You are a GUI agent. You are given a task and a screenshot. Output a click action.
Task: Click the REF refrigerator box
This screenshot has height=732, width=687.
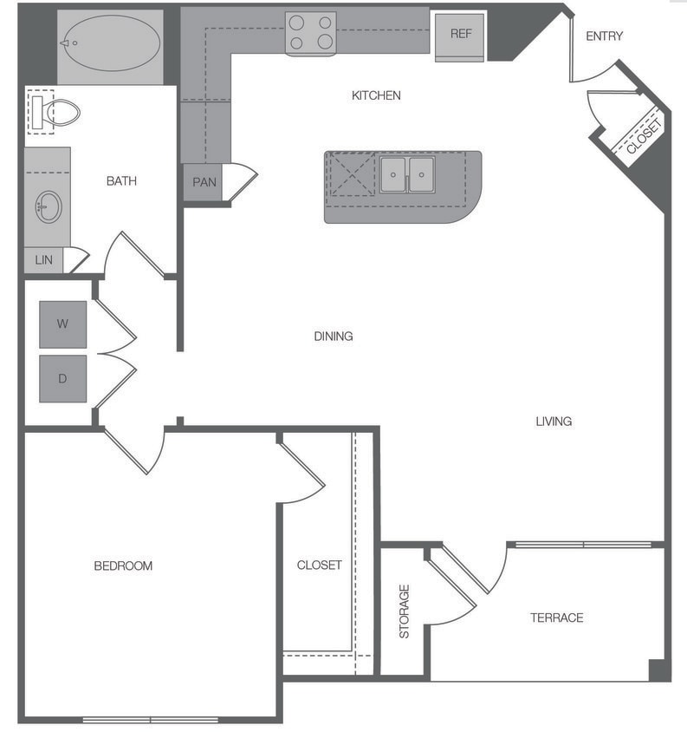tap(460, 35)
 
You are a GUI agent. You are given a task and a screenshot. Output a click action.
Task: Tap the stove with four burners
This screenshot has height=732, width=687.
tap(311, 33)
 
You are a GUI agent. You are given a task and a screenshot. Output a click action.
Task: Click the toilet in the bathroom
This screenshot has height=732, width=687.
tap(55, 112)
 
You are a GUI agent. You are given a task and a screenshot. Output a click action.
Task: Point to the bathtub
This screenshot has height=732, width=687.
tap(109, 42)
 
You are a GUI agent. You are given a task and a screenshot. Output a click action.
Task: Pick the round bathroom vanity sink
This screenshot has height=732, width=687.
tap(48, 207)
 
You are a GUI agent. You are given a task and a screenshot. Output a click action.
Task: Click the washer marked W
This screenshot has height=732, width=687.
tap(62, 324)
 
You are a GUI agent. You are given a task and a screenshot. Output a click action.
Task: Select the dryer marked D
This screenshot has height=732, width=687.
tap(62, 378)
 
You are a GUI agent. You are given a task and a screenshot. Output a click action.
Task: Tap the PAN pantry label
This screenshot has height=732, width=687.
tap(204, 182)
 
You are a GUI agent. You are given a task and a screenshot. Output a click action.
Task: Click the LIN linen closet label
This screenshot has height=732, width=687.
tap(43, 259)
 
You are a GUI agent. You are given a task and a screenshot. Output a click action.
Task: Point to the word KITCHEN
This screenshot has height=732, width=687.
tap(376, 95)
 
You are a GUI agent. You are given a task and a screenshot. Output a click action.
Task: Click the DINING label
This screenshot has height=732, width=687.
tap(334, 336)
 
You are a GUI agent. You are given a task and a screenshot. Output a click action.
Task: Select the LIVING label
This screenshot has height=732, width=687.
tap(554, 422)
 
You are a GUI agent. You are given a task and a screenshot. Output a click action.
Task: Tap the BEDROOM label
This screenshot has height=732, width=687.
tap(123, 565)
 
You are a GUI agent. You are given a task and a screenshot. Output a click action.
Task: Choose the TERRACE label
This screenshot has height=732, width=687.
tap(556, 618)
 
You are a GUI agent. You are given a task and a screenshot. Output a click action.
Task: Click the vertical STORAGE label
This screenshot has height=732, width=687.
tap(404, 611)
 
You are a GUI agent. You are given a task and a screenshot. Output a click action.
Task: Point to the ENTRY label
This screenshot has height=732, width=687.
tap(604, 36)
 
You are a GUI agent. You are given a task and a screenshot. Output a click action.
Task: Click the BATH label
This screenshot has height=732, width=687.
tap(121, 181)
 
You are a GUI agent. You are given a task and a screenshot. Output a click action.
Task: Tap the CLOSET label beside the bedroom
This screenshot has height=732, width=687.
tap(319, 565)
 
